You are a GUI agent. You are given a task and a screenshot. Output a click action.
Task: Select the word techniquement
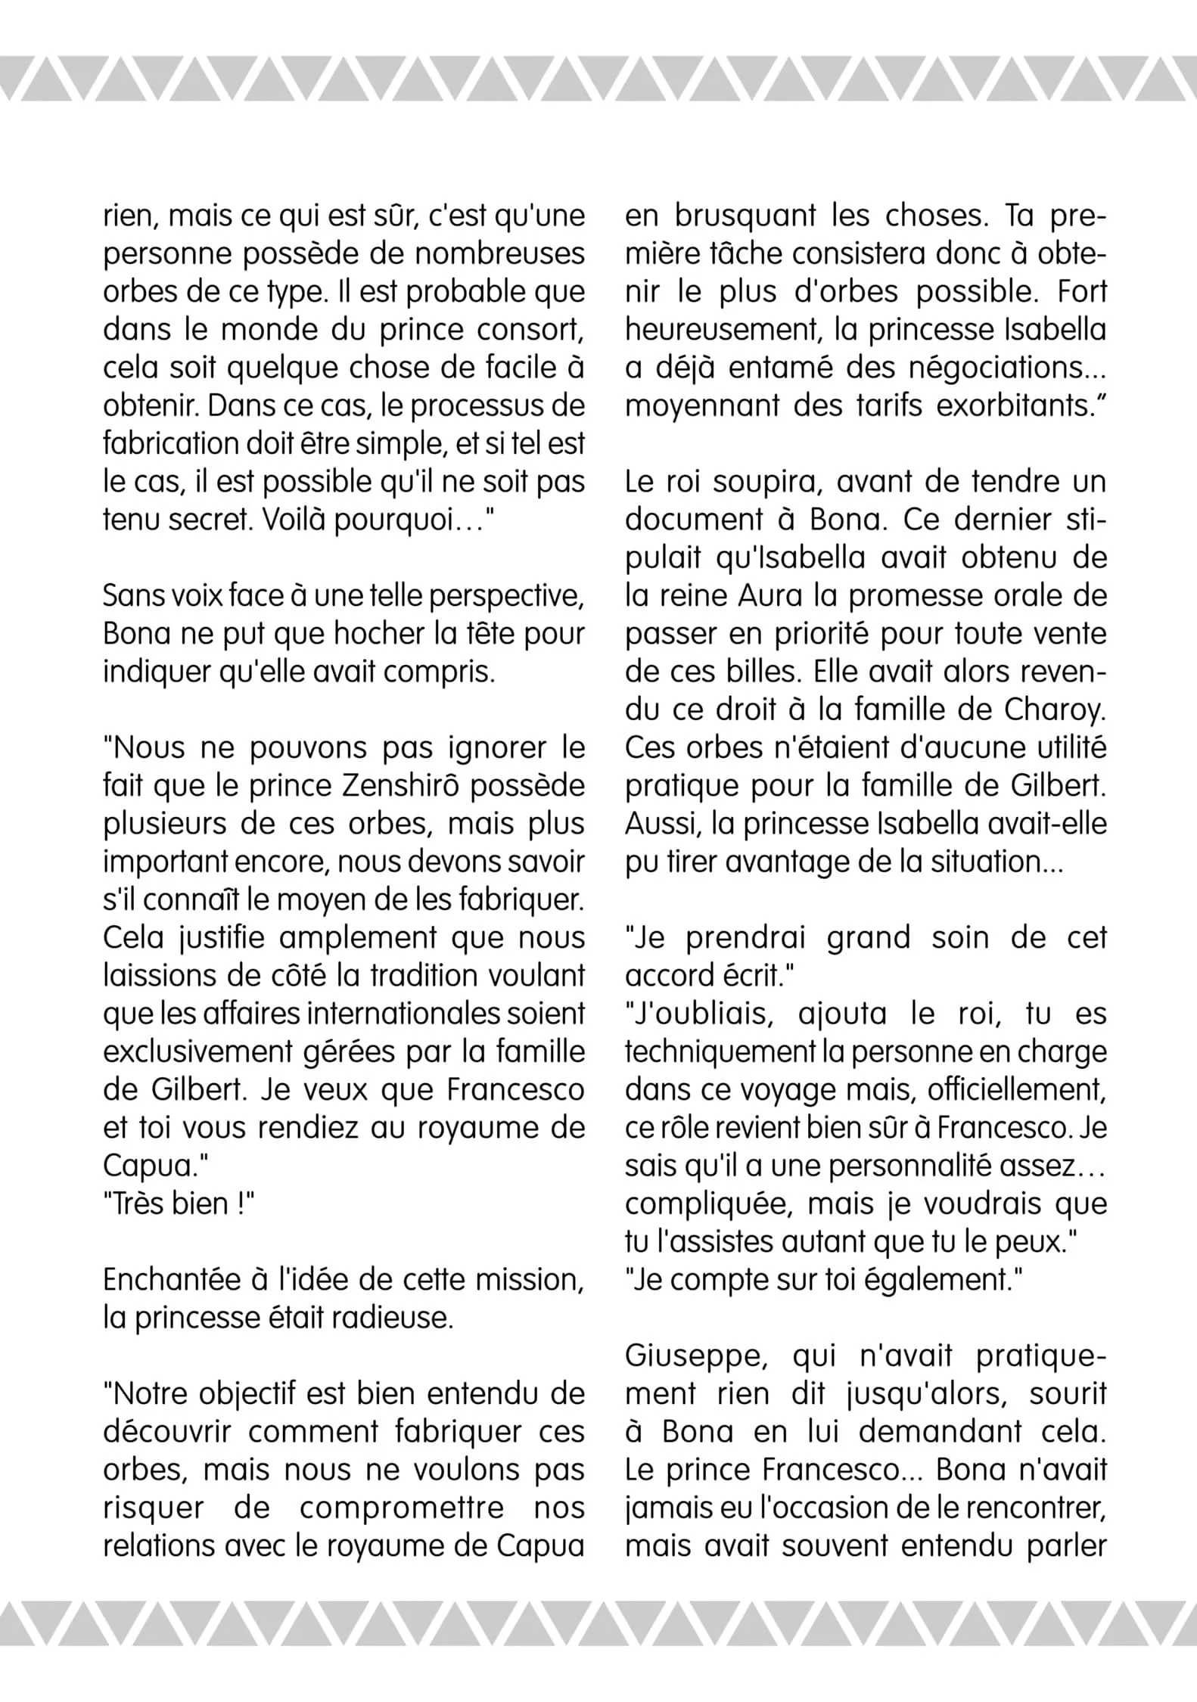(x=726, y=1051)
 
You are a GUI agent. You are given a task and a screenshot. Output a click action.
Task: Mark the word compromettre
(x=402, y=1508)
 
